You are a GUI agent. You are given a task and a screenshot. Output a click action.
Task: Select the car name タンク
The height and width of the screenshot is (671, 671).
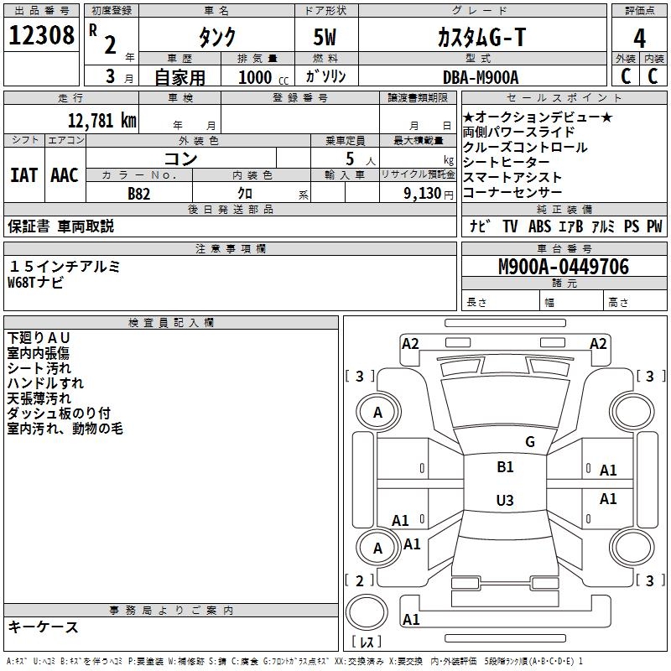(x=216, y=38)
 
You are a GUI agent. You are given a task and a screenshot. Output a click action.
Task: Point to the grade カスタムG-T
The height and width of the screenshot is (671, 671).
(x=481, y=37)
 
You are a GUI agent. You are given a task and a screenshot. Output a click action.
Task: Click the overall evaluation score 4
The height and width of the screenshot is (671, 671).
(x=640, y=38)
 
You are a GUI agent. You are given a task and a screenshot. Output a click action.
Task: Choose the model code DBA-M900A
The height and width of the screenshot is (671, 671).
(x=481, y=77)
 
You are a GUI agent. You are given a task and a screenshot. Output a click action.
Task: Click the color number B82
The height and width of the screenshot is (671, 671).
(x=139, y=194)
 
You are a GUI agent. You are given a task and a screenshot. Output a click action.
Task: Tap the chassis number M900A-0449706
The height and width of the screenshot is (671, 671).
(x=563, y=267)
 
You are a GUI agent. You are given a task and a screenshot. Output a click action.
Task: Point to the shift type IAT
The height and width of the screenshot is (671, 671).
(x=23, y=175)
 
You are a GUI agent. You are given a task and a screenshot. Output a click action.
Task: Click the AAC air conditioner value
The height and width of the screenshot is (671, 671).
(x=65, y=175)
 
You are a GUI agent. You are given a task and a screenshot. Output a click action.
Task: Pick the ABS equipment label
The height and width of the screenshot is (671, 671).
(x=539, y=226)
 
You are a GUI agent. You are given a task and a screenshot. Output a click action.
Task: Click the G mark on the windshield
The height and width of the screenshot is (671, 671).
(x=529, y=441)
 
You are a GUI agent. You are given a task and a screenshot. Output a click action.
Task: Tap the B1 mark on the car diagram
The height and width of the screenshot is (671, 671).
(x=505, y=467)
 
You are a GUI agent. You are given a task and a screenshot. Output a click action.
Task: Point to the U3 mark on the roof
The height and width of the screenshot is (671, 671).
(x=504, y=501)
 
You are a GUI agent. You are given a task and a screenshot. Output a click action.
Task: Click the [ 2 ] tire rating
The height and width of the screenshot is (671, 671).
(x=360, y=580)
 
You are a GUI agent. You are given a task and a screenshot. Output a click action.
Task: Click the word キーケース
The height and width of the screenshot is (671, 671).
(x=43, y=627)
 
